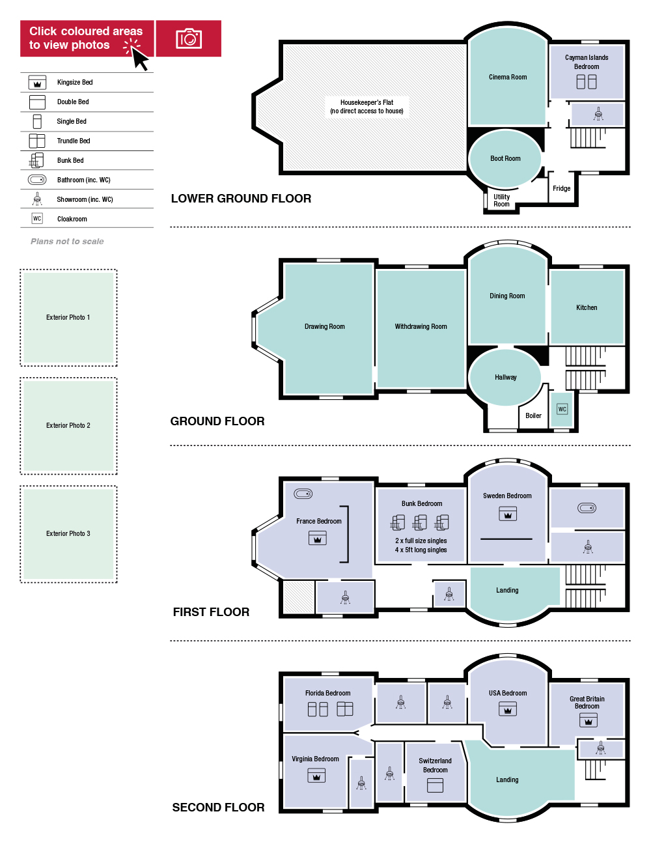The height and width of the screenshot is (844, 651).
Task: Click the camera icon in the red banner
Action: [x=189, y=38]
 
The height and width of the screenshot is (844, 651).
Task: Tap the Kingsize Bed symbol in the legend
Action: [x=37, y=82]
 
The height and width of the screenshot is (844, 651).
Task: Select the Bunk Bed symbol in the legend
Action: [x=37, y=160]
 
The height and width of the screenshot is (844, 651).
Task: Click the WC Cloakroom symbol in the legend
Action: [x=37, y=218]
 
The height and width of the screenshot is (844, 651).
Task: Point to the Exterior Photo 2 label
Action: [x=68, y=425]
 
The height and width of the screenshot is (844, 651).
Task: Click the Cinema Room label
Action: [x=508, y=77]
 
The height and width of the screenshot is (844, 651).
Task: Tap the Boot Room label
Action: [x=505, y=158]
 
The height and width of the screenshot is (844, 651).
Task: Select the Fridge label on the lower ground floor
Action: [x=561, y=188]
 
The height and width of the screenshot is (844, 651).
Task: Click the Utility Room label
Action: [x=501, y=201]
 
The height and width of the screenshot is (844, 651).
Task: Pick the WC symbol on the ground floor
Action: [x=562, y=409]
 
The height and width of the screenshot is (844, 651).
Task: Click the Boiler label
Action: [x=533, y=415]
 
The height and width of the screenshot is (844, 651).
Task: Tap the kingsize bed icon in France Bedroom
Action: [x=318, y=538]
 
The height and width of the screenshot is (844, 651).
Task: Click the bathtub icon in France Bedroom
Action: [x=303, y=494]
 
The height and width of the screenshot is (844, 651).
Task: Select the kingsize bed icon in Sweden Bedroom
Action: [x=508, y=513]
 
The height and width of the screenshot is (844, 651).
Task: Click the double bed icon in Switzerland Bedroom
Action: [x=435, y=785]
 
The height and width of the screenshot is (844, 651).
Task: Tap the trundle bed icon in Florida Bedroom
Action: [x=345, y=709]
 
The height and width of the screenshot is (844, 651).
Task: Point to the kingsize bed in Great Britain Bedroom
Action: [x=588, y=720]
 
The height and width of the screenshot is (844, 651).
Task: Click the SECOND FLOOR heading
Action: [x=218, y=808]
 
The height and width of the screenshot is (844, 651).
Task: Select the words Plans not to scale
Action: [x=67, y=241]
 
